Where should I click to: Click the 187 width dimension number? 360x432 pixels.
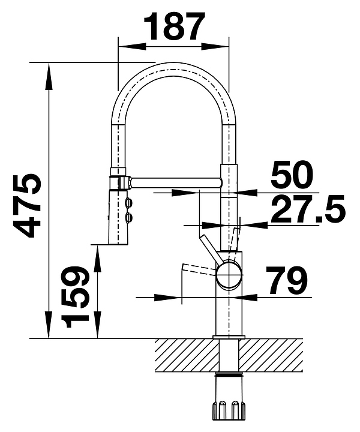[175, 26]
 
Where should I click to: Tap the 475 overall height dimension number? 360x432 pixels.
[26, 206]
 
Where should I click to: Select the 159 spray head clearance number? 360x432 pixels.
[75, 297]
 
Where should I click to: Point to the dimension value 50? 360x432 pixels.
[292, 174]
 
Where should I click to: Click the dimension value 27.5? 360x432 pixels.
[308, 209]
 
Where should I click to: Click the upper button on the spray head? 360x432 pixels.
[129, 203]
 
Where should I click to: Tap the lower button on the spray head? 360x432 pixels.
[129, 217]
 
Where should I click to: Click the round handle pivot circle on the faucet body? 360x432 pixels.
[229, 275]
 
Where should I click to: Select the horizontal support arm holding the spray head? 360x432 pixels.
[175, 182]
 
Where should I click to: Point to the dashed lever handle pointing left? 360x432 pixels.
[198, 269]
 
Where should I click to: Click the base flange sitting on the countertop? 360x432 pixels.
[229, 337]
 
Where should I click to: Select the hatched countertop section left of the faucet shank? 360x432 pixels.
[187, 355]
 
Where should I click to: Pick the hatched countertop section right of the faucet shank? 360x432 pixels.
[271, 355]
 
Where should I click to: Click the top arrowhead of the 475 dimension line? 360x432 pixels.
[49, 77]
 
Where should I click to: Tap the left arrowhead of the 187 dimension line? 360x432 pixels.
[131, 46]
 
